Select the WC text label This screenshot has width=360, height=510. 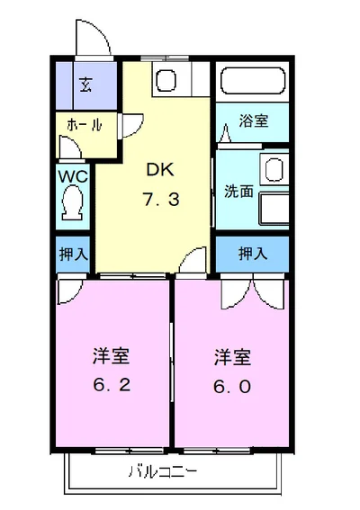pyautogui.click(x=73, y=176)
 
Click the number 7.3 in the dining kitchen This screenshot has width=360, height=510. pyautogui.click(x=161, y=200)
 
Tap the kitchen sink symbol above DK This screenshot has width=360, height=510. pyautogui.click(x=167, y=81)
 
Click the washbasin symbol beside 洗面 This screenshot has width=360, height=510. pyautogui.click(x=273, y=169)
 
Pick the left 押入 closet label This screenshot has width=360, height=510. pyautogui.click(x=73, y=254)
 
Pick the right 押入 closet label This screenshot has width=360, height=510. pyautogui.click(x=252, y=254)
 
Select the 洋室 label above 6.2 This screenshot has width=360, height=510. pyautogui.click(x=111, y=356)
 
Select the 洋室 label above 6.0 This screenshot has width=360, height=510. pyautogui.click(x=232, y=356)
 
